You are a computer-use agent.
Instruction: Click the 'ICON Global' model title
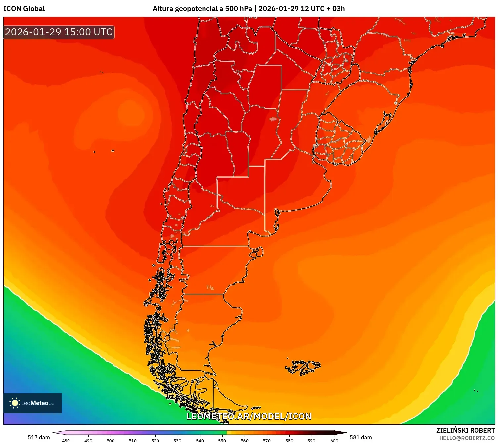[24, 9]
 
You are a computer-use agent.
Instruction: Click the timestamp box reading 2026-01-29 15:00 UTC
[59, 32]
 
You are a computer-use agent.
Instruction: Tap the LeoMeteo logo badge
[32, 403]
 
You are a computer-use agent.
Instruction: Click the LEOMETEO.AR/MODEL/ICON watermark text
[249, 416]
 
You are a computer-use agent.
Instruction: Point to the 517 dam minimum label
[39, 437]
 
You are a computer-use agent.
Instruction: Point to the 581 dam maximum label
[361, 437]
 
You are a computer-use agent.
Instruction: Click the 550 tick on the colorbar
[222, 440]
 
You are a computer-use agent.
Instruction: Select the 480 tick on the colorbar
[66, 440]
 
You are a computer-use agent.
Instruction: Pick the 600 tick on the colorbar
[334, 440]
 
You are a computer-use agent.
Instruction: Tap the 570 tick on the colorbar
[267, 440]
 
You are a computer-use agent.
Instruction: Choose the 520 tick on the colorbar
[155, 440]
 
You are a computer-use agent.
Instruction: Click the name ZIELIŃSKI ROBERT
[465, 430]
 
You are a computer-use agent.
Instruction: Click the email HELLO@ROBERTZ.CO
[467, 438]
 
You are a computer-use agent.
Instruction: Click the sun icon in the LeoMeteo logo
[15, 403]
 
